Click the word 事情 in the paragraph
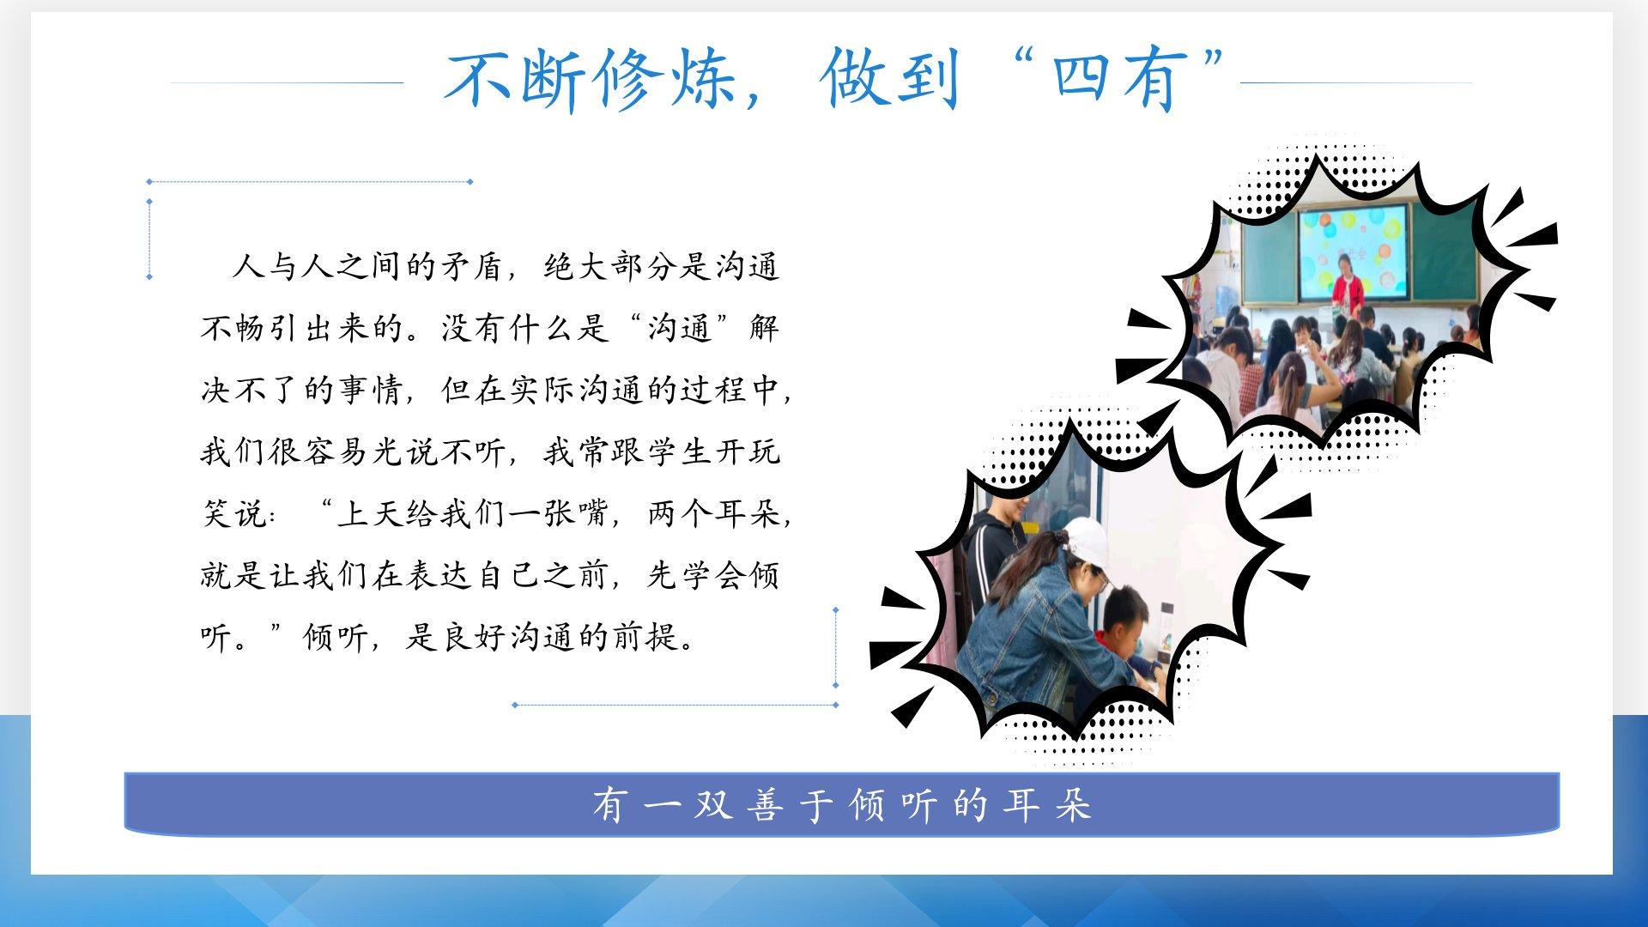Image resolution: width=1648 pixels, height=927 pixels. tap(371, 391)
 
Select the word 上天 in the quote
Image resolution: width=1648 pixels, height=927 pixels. tap(371, 514)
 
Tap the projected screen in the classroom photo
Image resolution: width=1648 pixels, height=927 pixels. tap(1352, 249)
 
